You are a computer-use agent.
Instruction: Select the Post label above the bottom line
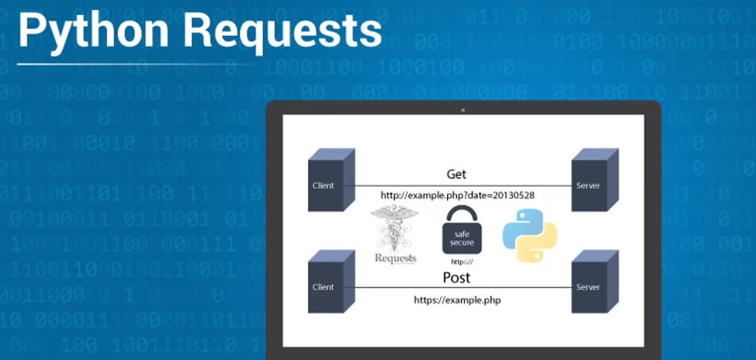tap(456, 277)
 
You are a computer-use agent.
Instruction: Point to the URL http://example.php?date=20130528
tap(457, 196)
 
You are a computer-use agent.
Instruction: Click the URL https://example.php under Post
tap(457, 300)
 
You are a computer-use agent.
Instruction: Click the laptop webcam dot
tap(462, 110)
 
